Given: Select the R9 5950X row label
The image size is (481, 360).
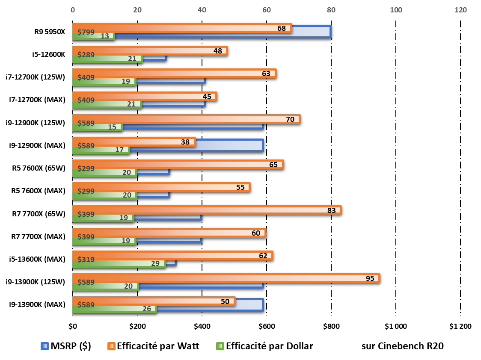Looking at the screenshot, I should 50,32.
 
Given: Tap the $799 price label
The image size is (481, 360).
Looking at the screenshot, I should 86,32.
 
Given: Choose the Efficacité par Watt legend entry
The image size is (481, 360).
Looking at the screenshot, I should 153,346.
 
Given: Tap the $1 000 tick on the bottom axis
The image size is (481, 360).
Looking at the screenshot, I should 395,327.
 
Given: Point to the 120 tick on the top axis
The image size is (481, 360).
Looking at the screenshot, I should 460,9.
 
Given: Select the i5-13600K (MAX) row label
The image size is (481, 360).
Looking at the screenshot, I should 37,259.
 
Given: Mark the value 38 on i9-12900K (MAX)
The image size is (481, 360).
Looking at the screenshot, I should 185,142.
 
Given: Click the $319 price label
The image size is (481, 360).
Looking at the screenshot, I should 86,259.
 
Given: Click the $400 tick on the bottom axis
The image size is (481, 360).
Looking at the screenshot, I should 202,327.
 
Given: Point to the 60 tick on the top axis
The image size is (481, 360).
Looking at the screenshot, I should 267,9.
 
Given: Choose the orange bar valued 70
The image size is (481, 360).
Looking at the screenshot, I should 186,119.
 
